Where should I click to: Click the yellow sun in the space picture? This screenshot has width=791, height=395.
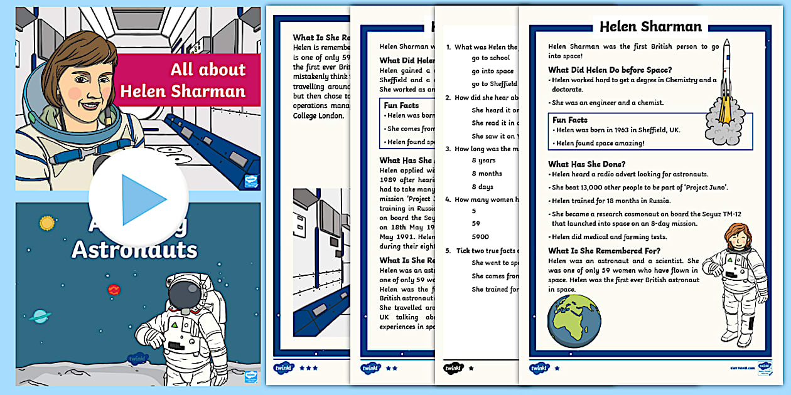47,223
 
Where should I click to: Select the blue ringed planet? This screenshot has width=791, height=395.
40,316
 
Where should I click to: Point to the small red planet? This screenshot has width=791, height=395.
114,289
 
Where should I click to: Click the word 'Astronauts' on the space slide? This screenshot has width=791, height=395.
134,249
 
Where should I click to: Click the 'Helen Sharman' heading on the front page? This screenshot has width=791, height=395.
650,26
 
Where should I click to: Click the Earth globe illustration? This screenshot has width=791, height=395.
574,322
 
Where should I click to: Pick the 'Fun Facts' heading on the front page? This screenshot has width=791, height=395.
570,120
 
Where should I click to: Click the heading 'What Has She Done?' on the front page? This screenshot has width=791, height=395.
586,164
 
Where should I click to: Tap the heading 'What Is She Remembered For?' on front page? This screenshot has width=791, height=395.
603,251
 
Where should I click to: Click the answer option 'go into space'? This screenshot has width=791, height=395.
493,71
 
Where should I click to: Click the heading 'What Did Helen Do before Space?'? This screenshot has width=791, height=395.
610,70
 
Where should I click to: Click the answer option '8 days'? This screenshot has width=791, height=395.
483,187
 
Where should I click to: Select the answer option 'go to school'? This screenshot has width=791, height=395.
491,58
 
